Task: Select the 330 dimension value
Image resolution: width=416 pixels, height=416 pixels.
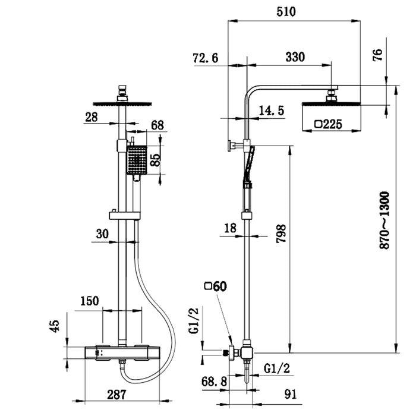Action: tap(295, 57)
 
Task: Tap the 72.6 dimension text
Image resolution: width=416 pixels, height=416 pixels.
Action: tap(206, 58)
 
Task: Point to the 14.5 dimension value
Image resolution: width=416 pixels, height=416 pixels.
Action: tap(272, 110)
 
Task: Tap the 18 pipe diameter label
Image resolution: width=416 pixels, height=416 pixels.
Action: tap(231, 228)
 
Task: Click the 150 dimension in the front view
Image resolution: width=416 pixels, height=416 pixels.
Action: tap(89, 301)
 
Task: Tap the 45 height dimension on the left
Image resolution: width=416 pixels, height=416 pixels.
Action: tap(54, 326)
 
